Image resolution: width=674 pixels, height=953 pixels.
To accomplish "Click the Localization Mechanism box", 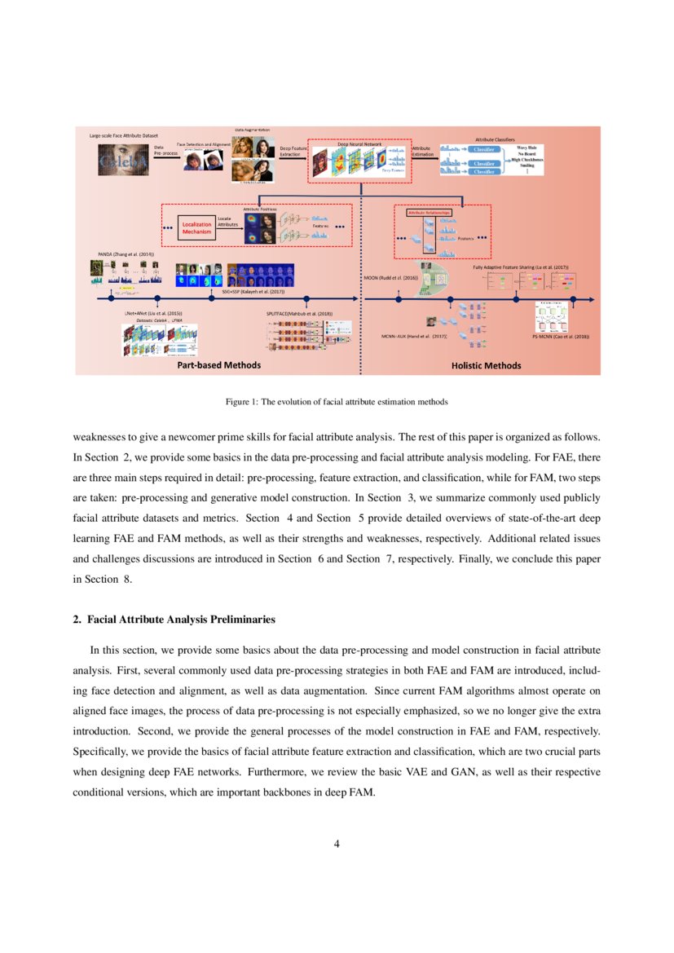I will coord(196,227).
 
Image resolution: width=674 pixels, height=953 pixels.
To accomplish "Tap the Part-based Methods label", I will coord(219,365).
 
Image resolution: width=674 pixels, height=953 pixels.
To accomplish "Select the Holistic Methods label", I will coord(486,366).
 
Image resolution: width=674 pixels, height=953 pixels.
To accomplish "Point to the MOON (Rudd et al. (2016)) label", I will coord(390,278).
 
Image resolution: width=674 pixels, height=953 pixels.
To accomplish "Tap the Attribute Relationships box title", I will coord(429,212).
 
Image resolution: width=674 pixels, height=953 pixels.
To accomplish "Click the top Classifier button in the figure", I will coord(484,150).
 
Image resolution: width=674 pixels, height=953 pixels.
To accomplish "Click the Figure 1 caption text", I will coord(337,402).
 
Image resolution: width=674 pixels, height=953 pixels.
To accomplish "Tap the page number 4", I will coord(337,844).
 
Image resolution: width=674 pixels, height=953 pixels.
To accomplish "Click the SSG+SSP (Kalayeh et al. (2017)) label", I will coord(253,289).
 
